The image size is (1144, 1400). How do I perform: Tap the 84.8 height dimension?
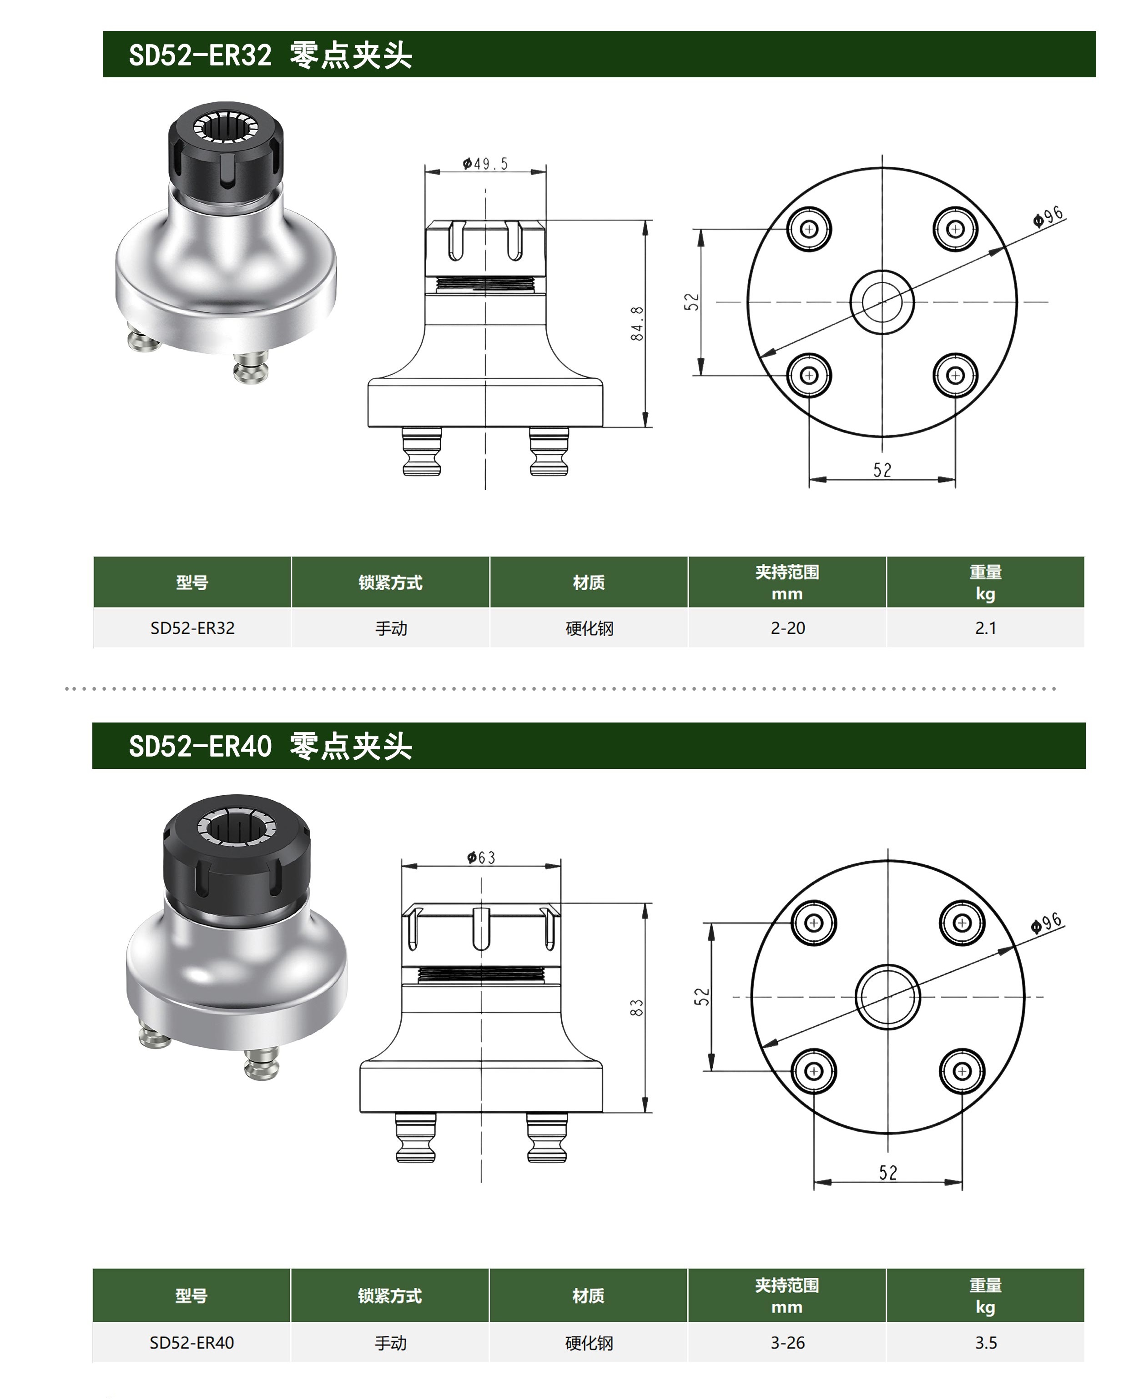[x=637, y=323]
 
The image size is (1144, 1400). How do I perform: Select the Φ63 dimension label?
[x=481, y=857]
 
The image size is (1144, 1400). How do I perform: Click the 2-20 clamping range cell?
[x=787, y=628]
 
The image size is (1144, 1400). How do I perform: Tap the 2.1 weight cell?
[x=986, y=628]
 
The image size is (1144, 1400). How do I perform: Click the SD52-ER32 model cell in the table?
[x=192, y=628]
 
